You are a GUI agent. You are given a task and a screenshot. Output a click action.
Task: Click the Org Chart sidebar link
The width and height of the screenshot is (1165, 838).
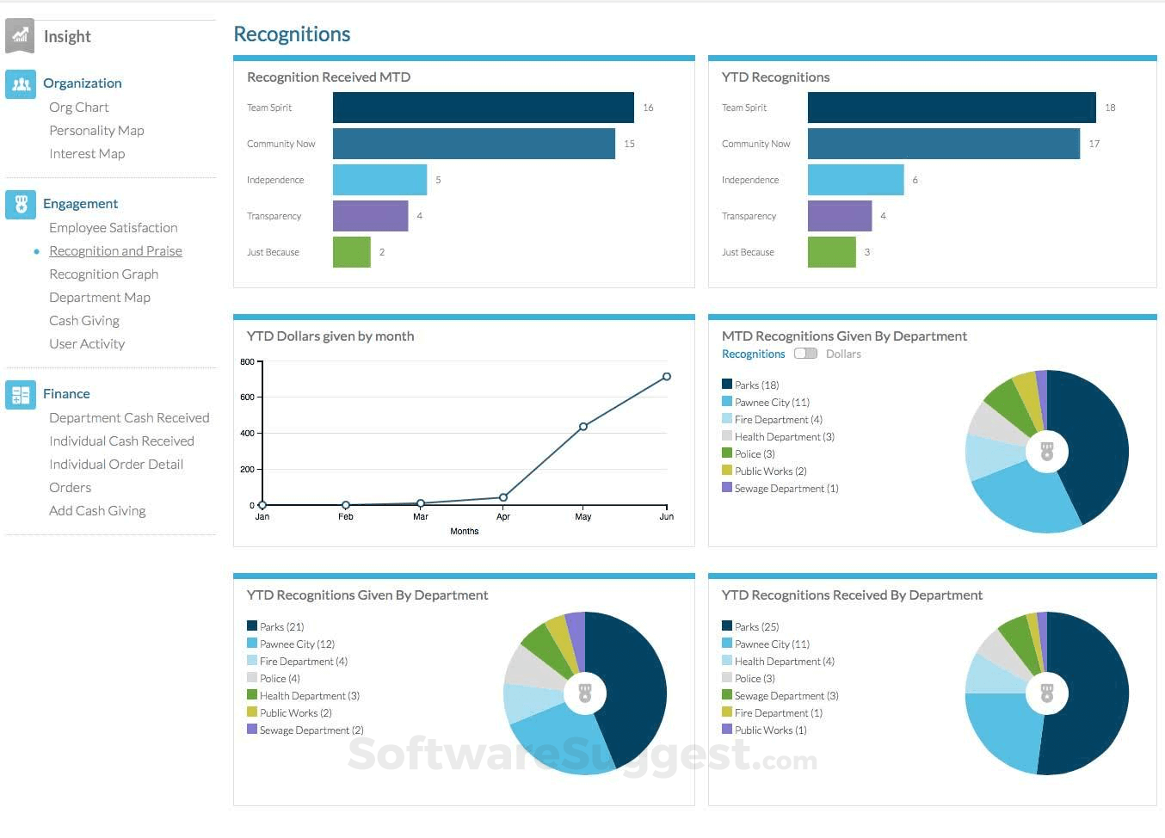78,108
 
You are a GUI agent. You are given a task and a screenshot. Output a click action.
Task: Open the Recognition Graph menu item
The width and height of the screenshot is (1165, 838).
103,274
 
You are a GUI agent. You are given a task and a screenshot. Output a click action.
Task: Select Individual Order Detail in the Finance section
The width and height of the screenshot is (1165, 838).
116,465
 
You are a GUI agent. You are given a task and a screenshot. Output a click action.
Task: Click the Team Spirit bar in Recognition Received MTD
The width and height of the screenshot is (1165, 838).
483,108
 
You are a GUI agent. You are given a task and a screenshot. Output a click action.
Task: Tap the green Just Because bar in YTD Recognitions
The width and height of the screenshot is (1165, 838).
831,252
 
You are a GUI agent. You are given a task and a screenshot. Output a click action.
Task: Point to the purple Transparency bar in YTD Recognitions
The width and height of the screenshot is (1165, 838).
839,216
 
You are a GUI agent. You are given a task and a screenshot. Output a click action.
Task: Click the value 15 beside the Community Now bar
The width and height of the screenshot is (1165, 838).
629,144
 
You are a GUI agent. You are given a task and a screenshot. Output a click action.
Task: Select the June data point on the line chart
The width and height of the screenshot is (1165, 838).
667,377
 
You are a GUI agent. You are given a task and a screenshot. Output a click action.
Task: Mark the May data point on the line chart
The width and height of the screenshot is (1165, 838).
583,427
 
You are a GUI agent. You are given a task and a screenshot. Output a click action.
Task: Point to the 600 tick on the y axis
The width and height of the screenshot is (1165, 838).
248,397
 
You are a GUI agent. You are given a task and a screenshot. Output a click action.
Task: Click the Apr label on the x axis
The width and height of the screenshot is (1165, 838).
503,517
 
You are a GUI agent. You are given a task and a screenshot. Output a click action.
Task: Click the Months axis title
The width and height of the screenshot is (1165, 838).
464,532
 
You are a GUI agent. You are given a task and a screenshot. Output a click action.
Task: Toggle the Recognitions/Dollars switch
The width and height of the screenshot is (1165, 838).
805,354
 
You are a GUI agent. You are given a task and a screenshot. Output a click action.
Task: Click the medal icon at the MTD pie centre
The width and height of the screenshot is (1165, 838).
1046,452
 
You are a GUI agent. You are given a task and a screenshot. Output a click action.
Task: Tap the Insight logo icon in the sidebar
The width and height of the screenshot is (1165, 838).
20,36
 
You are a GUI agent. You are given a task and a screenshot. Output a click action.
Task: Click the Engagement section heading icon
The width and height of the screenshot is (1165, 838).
21,204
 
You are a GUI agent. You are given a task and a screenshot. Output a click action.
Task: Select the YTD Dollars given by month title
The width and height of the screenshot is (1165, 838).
330,336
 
